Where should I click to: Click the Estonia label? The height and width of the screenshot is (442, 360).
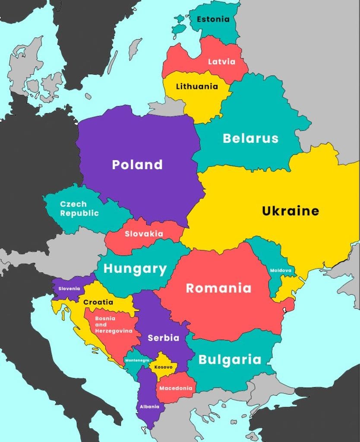coord(213,19)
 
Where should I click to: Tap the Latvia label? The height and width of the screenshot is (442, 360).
coord(222,62)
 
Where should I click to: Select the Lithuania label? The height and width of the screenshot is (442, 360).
coord(197,87)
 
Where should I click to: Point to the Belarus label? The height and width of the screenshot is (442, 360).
coord(250,139)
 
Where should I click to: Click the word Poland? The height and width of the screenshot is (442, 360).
coord(137,164)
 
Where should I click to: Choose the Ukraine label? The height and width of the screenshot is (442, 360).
coord(291,211)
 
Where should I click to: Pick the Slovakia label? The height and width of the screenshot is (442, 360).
coord(144,234)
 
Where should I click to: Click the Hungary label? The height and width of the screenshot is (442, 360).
coord(135,269)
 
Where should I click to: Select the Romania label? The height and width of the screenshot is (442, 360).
coord(218,288)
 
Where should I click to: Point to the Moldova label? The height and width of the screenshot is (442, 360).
coord(281,271)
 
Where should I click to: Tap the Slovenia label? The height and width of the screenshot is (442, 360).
coord(69,288)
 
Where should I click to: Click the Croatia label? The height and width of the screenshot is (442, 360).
coord(98,302)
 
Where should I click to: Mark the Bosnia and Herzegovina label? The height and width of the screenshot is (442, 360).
coord(111,325)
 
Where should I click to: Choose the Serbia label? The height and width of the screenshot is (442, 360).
coord(163,338)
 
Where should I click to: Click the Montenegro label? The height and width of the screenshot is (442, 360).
coord(137,360)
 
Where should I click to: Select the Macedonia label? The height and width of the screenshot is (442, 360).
coord(176,388)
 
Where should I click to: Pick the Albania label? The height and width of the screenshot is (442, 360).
coord(149,407)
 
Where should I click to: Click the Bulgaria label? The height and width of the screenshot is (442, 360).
coord(230,360)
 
